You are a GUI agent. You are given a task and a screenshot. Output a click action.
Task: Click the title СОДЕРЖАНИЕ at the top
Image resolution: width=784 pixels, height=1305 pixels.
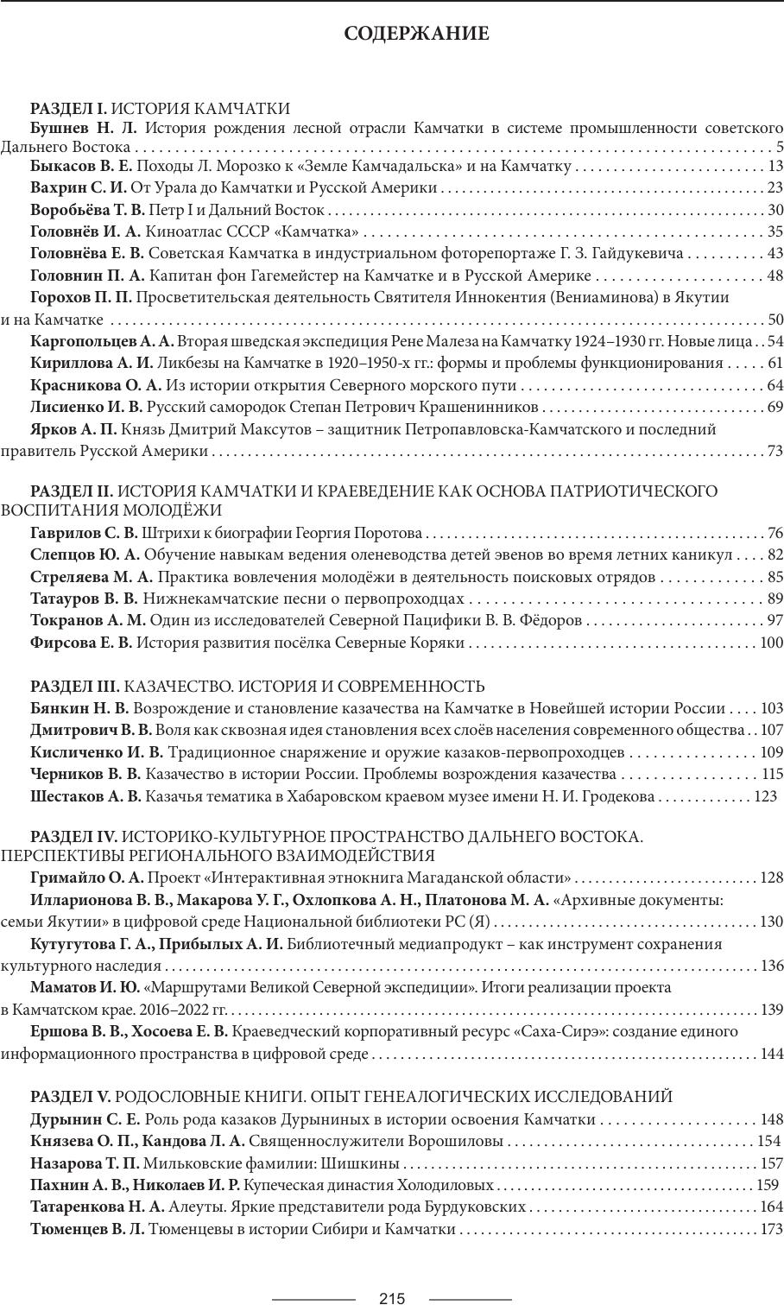tap(416, 34)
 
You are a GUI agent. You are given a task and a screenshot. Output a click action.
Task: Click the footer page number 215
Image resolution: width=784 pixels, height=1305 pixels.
tap(392, 1298)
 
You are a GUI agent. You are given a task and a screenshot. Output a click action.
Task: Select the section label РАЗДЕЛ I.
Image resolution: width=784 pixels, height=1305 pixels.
tap(68, 108)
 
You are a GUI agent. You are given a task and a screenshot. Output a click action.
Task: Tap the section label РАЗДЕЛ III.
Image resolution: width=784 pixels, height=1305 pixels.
tap(75, 687)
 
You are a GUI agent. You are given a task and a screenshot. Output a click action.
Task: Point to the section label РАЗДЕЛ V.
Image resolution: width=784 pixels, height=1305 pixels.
tap(71, 1097)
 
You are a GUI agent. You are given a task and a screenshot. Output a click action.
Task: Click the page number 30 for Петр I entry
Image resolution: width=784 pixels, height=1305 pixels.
tap(775, 210)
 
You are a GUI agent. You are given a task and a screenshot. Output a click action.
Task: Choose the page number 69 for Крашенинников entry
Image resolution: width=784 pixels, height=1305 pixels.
tap(775, 407)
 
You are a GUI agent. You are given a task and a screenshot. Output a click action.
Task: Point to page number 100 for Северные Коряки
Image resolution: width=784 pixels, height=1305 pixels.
tap(771, 643)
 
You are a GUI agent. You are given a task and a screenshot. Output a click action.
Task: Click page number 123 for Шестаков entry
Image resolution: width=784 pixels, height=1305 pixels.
tap(765, 796)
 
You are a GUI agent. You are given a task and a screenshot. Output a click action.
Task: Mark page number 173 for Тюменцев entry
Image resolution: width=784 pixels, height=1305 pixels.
tap(771, 1229)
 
